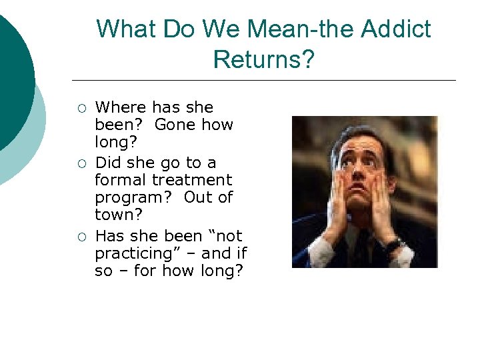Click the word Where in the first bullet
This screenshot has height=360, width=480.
(x=121, y=107)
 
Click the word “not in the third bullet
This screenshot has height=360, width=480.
(x=225, y=236)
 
